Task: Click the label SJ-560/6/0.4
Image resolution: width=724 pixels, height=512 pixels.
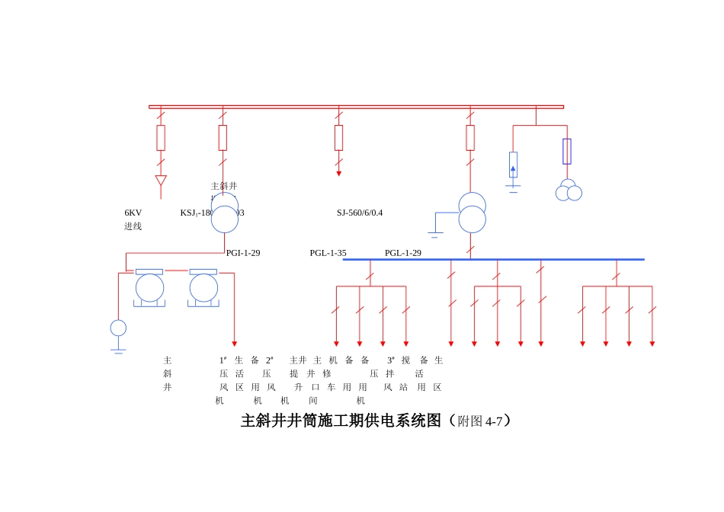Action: pyautogui.click(x=360, y=213)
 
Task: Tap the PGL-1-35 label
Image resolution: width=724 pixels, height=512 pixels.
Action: pyautogui.click(x=328, y=253)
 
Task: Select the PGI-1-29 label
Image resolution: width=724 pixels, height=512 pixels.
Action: pyautogui.click(x=243, y=253)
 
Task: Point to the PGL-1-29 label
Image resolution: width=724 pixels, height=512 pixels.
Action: pyautogui.click(x=403, y=253)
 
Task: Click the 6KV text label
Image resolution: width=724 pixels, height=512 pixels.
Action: pyautogui.click(x=133, y=213)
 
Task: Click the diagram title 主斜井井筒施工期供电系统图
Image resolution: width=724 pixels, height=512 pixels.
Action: pyautogui.click(x=341, y=421)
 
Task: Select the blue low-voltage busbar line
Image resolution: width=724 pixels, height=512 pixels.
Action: pyautogui.click(x=493, y=260)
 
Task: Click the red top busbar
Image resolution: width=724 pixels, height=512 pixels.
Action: pyautogui.click(x=356, y=107)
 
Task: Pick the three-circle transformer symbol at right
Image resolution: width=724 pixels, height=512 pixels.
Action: pyautogui.click(x=569, y=190)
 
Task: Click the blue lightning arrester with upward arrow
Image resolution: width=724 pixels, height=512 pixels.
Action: pyautogui.click(x=513, y=165)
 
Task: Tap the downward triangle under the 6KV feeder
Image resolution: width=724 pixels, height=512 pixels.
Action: pyautogui.click(x=161, y=181)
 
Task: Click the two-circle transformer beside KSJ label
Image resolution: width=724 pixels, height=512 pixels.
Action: pyautogui.click(x=224, y=213)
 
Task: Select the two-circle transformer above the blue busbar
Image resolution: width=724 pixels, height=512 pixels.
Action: pyautogui.click(x=472, y=213)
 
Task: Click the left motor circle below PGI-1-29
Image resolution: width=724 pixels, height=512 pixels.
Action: pyautogui.click(x=149, y=288)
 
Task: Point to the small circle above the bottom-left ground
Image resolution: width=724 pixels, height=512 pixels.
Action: pyautogui.click(x=118, y=328)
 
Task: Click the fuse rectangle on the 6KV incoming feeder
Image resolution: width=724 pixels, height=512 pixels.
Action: pyautogui.click(x=161, y=138)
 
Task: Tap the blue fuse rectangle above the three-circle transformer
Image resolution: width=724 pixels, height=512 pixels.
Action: pyautogui.click(x=567, y=151)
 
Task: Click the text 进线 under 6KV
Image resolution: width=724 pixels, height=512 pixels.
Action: pyautogui.click(x=133, y=226)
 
